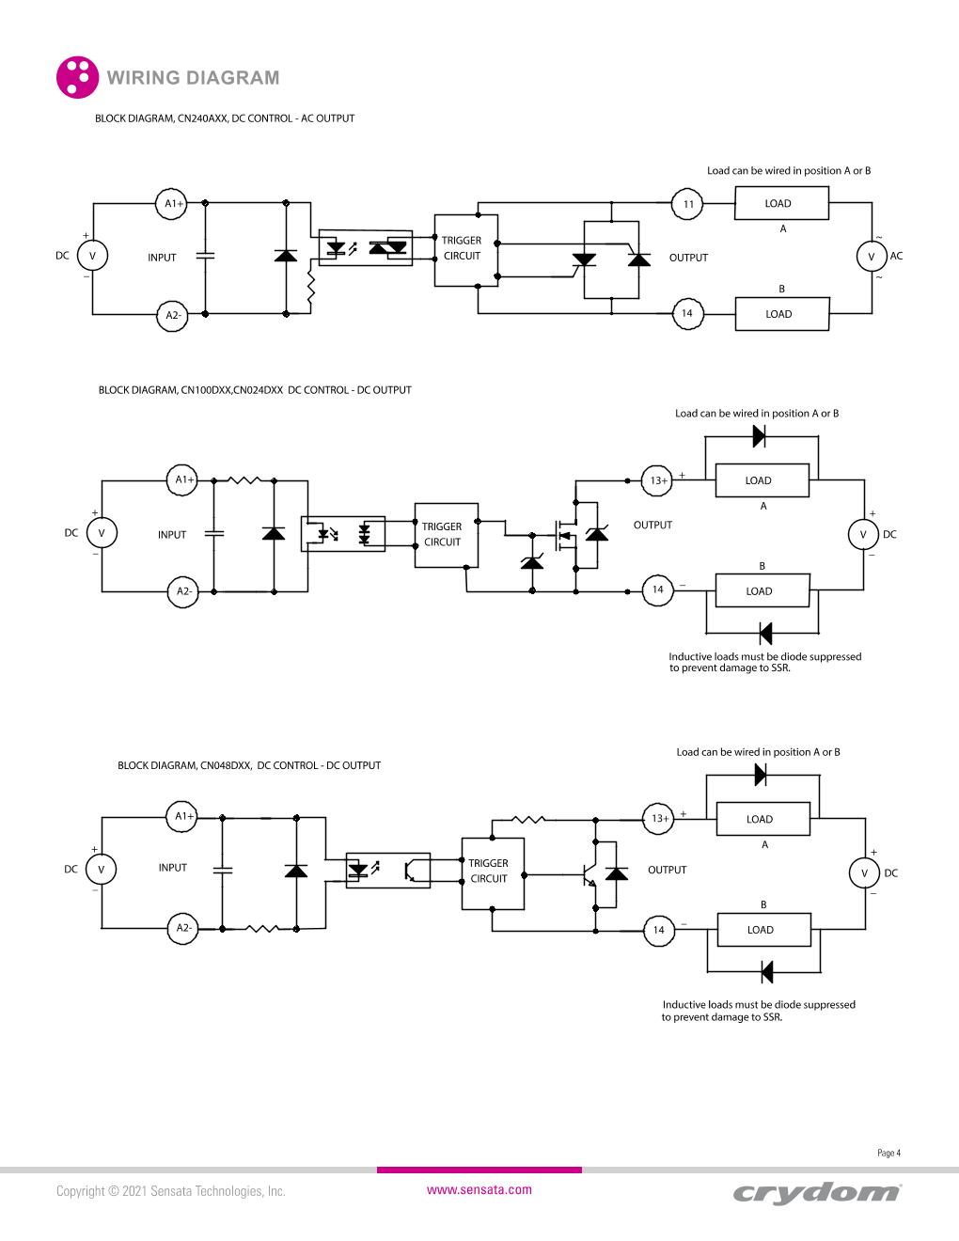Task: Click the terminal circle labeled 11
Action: tap(688, 204)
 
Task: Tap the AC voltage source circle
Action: tap(871, 257)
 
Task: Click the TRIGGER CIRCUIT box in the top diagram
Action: tap(464, 249)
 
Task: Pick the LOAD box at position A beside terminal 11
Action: tap(780, 203)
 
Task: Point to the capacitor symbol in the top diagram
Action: tap(204, 256)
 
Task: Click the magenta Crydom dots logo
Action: tap(77, 77)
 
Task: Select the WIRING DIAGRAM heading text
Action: tap(194, 78)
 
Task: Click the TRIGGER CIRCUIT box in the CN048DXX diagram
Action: tap(491, 872)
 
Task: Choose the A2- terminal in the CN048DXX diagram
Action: tap(183, 928)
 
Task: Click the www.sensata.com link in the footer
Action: tap(479, 1189)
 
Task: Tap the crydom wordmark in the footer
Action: tap(816, 1192)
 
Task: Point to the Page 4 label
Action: tap(888, 1153)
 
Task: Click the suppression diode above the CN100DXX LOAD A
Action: tap(760, 436)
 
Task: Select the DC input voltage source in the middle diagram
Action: tap(102, 534)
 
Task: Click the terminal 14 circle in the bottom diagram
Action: tap(658, 930)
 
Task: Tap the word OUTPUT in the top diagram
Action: tap(688, 258)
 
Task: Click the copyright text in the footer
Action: tap(170, 1190)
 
